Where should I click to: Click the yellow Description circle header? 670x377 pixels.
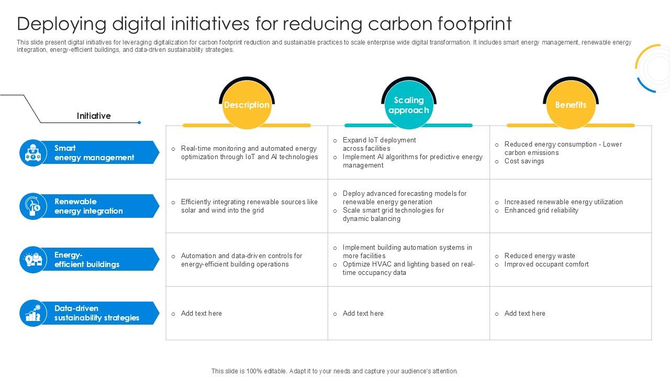247,105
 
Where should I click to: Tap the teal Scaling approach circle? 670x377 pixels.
409,105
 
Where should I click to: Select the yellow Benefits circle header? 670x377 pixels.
571,105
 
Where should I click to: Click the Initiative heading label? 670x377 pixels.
94,116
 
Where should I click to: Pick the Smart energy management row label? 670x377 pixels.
94,153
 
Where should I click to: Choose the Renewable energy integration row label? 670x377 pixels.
88,206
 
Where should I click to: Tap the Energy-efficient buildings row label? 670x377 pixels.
87,260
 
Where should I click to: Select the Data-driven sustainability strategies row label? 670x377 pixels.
97,313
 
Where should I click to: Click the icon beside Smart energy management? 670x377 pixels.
33,153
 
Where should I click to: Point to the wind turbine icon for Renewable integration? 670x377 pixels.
33,206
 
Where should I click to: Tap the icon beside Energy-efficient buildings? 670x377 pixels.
33,260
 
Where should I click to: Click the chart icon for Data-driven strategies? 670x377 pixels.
33,313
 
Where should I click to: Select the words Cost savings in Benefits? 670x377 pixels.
524,161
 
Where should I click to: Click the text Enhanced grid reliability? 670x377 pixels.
541,210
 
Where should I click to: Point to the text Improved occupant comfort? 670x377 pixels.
546,264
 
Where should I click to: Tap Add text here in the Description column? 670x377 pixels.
202,314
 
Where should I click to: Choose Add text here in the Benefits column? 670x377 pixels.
525,314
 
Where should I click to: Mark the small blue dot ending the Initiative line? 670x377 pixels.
139,123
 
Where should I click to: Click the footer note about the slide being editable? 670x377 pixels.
334,371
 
